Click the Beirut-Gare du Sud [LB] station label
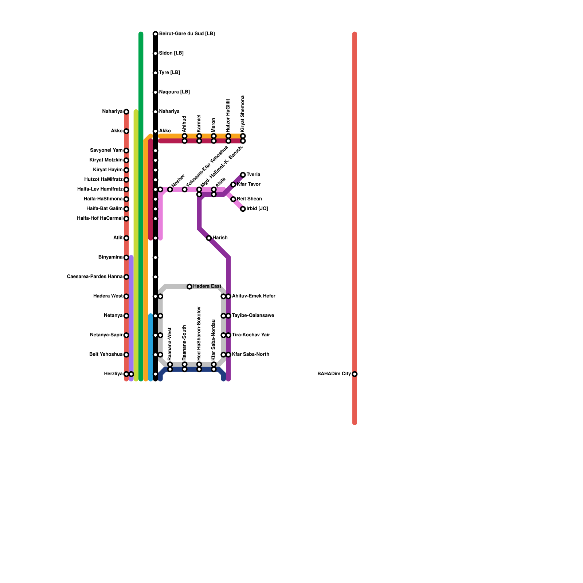187,34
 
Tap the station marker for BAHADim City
355,374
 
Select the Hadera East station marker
189,287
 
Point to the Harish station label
220,238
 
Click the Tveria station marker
243,175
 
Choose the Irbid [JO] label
257,209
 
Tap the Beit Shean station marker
233,199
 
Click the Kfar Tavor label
249,184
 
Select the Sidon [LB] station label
171,53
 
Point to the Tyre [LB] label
169,73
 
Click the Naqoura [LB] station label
175,92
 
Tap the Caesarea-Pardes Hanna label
95,277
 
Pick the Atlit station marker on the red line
126,238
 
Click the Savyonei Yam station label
106,150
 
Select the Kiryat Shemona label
243,114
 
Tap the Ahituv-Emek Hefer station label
254,296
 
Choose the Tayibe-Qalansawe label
253,316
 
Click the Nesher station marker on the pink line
170,189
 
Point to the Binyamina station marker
126,258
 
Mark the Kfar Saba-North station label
251,355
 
